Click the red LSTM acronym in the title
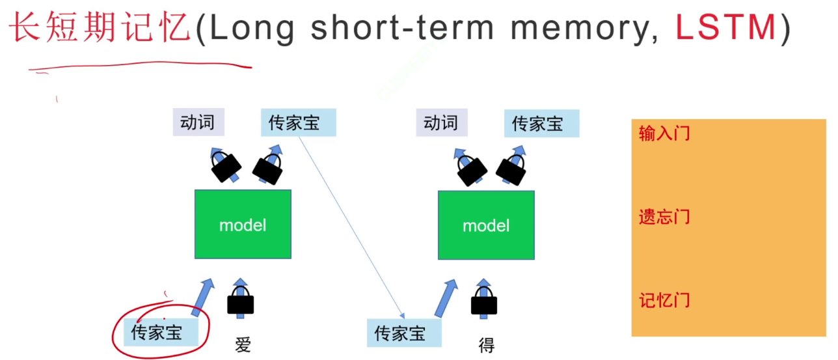pos(726,27)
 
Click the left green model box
pos(243,225)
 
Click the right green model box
pos(486,225)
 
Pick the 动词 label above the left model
pos(198,122)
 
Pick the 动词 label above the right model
pos(441,122)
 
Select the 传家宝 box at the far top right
pos(541,124)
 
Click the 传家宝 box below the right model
pos(404,333)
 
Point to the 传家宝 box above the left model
pos(298,122)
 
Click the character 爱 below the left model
pos(243,344)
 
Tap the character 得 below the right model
pos(486,344)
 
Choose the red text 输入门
pos(664,134)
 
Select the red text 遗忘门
pos(664,217)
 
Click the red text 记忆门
pos(664,300)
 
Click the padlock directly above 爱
pos(240,302)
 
